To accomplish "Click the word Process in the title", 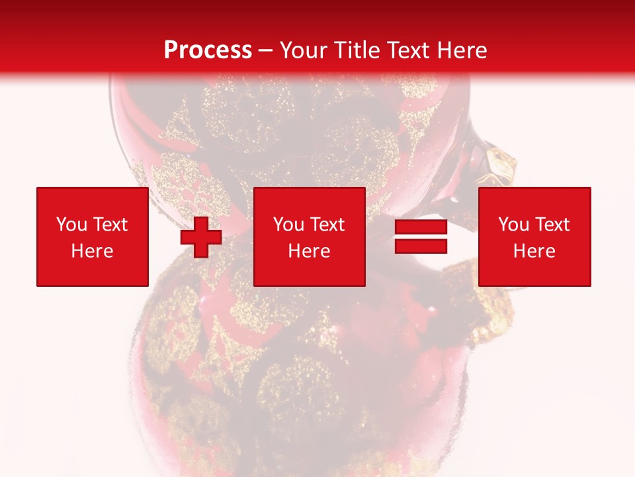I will point(208,50).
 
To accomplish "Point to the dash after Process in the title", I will point(265,51).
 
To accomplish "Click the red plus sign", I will point(201,237).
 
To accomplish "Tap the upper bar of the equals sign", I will point(421,227).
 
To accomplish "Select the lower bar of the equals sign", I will point(421,246).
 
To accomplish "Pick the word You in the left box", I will point(71,225).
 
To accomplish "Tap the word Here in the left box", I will point(92,251).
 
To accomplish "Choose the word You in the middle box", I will point(288,225).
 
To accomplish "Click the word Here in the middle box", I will point(310,251).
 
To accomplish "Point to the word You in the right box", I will point(513,225).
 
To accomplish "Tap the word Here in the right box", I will point(534,251).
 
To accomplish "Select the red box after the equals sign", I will point(534,237).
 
